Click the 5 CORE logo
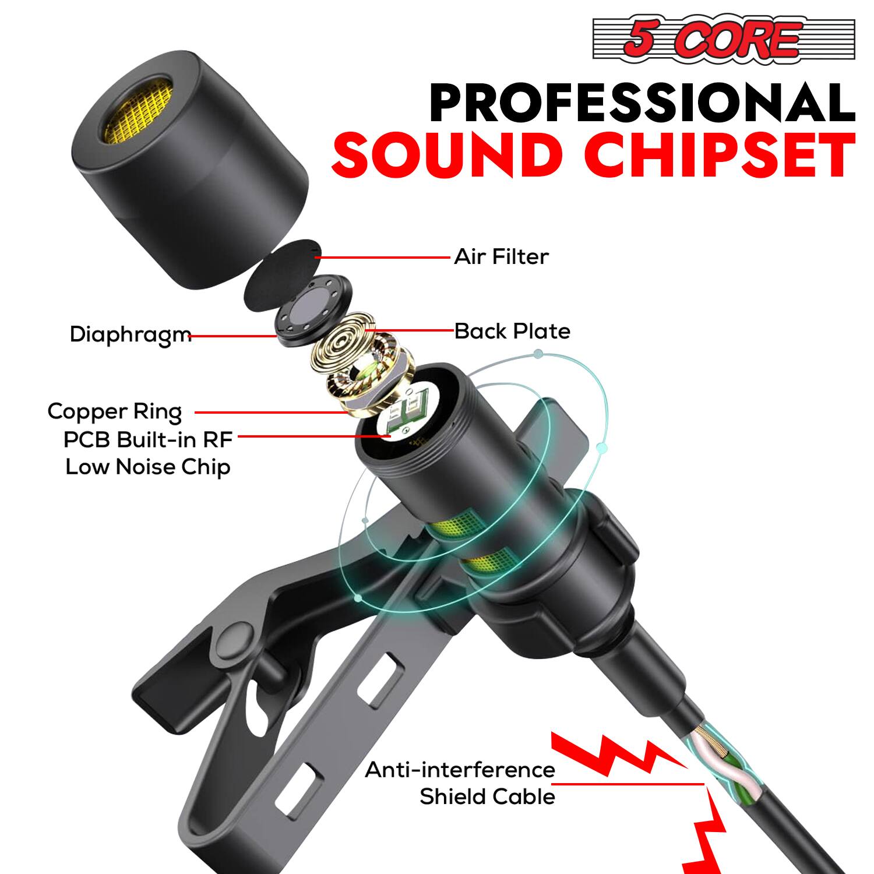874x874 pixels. pyautogui.click(x=723, y=39)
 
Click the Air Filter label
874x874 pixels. pyautogui.click(x=501, y=256)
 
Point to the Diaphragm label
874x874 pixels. pyautogui.click(x=130, y=334)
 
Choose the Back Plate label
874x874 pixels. pyautogui.click(x=512, y=331)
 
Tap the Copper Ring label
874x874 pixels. pyautogui.click(x=114, y=411)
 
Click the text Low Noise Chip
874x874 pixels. pyautogui.click(x=147, y=467)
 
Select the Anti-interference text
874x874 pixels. pyautogui.click(x=460, y=770)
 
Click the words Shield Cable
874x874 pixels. pyautogui.click(x=487, y=797)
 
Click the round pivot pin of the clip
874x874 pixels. pyautogui.click(x=232, y=643)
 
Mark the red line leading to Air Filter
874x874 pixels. pyautogui.click(x=385, y=256)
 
